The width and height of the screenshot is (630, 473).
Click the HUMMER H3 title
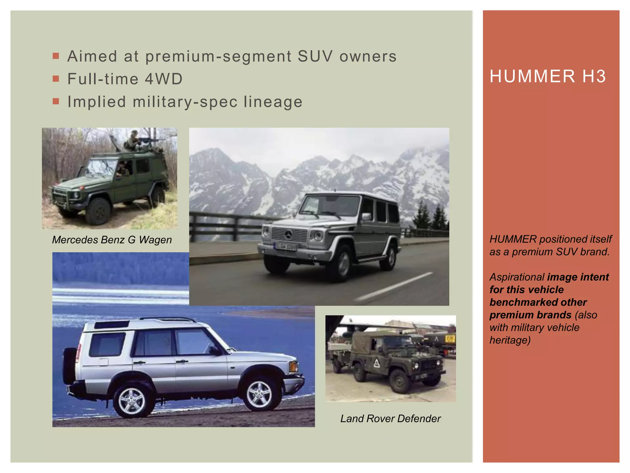pyautogui.click(x=548, y=76)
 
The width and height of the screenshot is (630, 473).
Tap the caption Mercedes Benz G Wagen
pyautogui.click(x=112, y=240)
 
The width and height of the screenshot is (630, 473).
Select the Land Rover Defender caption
pyautogui.click(x=390, y=418)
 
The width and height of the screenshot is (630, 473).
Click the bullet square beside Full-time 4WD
pyautogui.click(x=56, y=79)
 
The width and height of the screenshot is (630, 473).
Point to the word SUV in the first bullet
pyautogui.click(x=315, y=56)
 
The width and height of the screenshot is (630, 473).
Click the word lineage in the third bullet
pyautogui.click(x=273, y=102)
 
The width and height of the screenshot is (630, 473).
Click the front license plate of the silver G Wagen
pyautogui.click(x=285, y=246)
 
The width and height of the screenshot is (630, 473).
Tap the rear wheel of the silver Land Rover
pyautogui.click(x=132, y=401)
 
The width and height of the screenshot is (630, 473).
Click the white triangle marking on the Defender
pyautogui.click(x=377, y=363)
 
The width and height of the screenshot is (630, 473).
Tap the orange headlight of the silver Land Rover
pyautogui.click(x=293, y=366)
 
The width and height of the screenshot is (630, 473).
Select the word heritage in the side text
pyautogui.click(x=510, y=340)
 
